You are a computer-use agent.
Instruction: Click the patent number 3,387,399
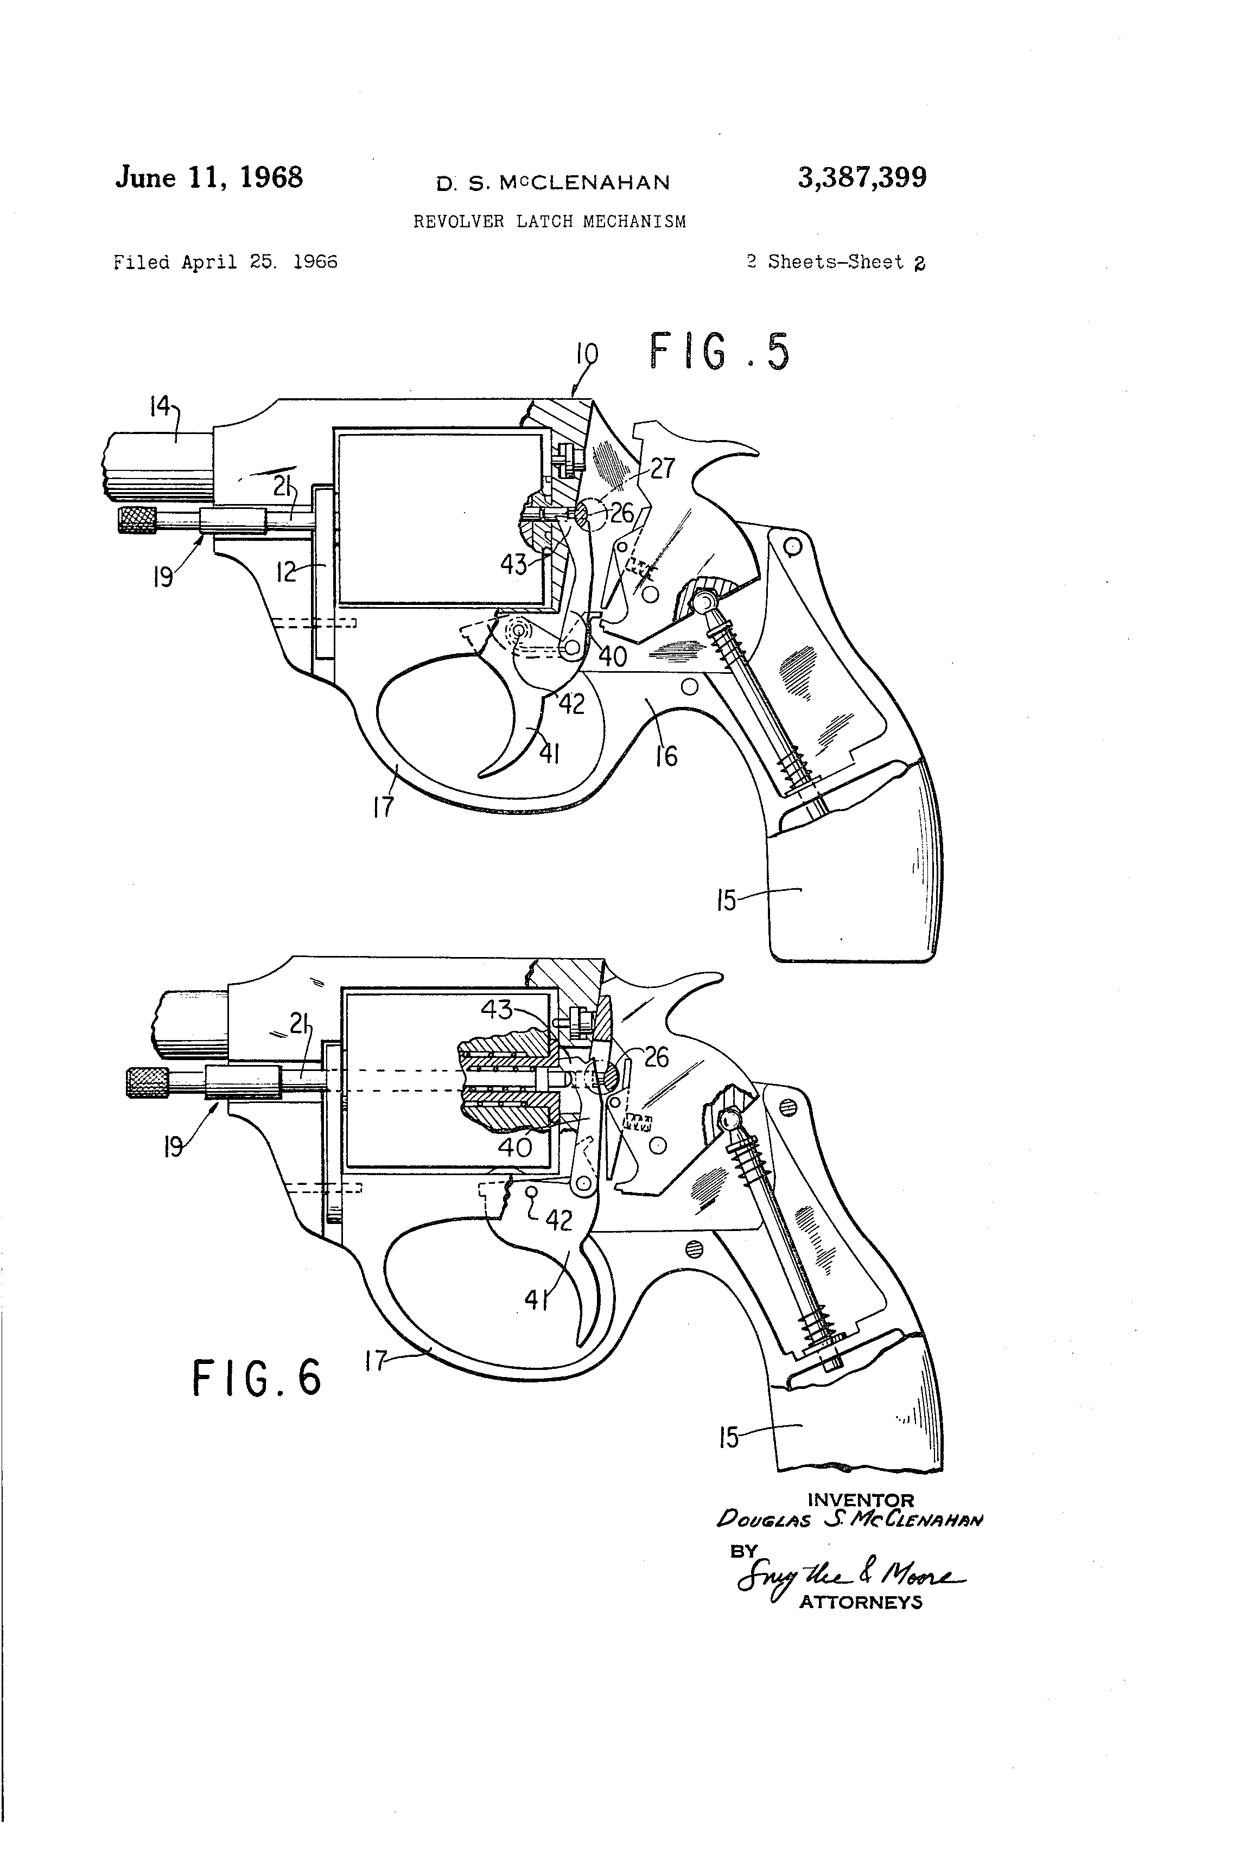[862, 177]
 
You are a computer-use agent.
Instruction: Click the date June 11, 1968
[209, 177]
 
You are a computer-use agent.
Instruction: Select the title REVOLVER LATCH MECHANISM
[549, 222]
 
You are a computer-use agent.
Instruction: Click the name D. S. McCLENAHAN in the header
[552, 183]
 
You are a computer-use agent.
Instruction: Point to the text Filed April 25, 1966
[225, 263]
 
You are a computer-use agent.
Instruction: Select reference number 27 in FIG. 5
[662, 469]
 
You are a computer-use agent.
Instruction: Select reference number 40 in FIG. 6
[515, 1146]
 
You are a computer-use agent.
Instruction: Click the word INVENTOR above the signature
[860, 1501]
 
